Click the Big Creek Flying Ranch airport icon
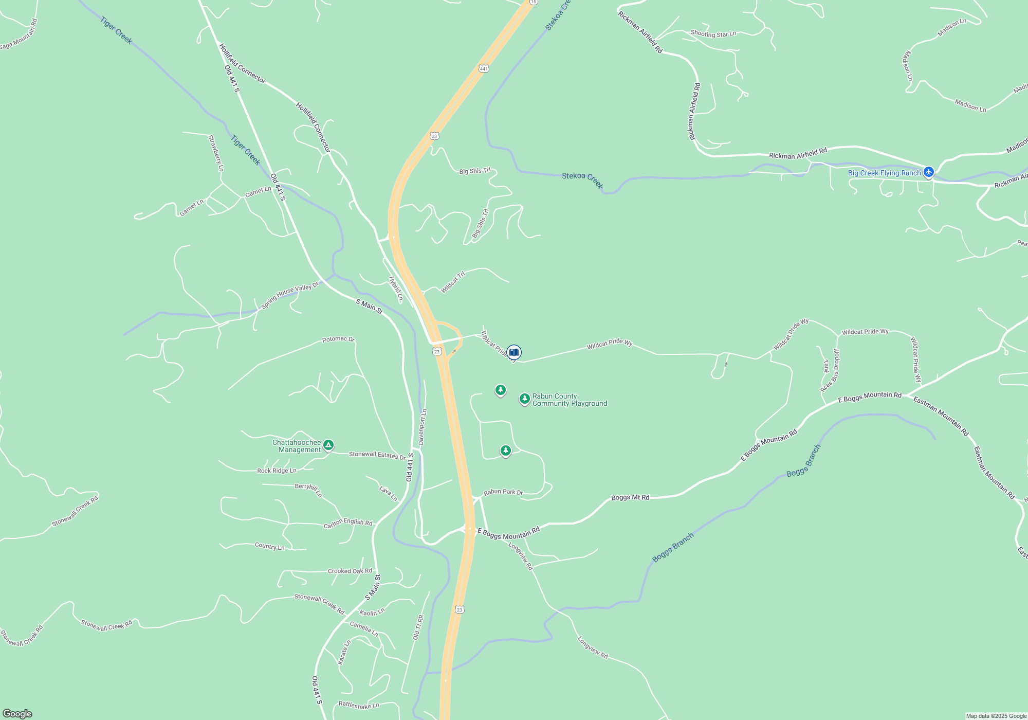(x=928, y=172)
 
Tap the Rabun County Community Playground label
(x=570, y=400)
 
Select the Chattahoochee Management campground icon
(x=328, y=445)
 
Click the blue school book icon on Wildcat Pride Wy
(x=513, y=352)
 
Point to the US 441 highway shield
(x=484, y=68)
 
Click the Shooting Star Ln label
(x=713, y=34)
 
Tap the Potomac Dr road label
(x=338, y=339)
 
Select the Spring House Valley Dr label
(x=290, y=296)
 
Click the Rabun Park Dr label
(x=503, y=492)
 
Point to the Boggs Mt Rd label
(x=630, y=498)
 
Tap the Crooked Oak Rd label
(x=350, y=571)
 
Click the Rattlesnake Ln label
(x=359, y=705)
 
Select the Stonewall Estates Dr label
(x=377, y=455)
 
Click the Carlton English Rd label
(x=348, y=523)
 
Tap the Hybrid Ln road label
(x=396, y=289)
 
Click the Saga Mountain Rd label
(x=19, y=35)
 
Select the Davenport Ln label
(x=423, y=427)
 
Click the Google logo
(x=17, y=713)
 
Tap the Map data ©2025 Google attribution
(x=996, y=716)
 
